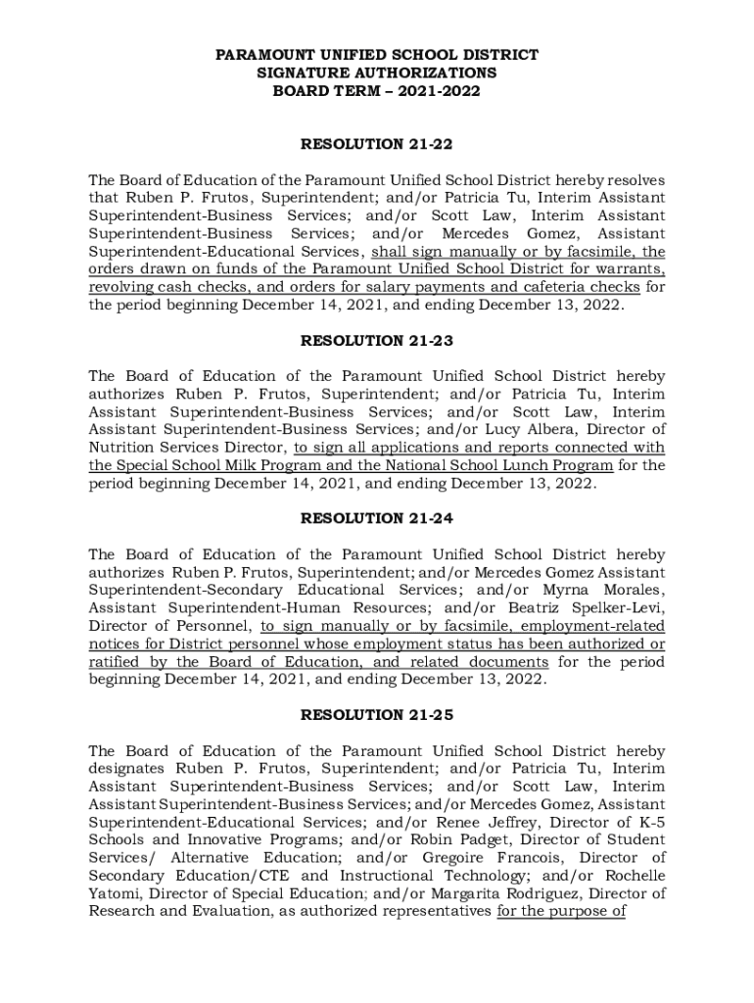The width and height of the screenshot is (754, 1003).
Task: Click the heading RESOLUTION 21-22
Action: pos(377,145)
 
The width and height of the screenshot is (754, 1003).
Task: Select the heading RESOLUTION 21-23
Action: pos(377,341)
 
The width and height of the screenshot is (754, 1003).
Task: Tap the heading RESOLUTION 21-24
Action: pos(377,518)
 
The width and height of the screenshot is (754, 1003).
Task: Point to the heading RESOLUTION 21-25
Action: pos(377,715)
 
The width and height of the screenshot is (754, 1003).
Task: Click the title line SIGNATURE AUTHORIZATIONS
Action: pos(377,73)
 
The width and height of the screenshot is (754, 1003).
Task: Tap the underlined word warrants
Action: pos(631,269)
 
